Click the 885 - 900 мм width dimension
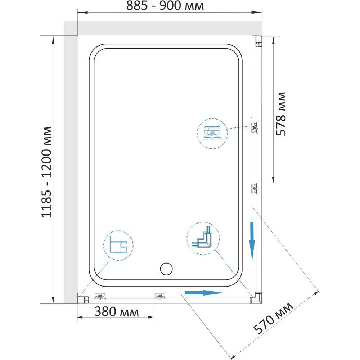coord(165,6)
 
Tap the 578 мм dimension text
coord(281,114)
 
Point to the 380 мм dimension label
coord(117,312)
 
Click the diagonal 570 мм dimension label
coord(273,318)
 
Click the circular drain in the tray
coord(166,269)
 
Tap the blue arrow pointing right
coord(204,293)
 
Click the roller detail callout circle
coord(212,134)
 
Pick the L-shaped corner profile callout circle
coord(203,238)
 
